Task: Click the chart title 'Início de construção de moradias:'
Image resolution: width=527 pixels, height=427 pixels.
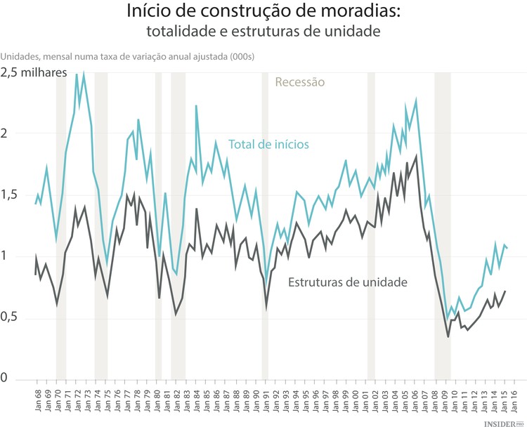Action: [263, 12]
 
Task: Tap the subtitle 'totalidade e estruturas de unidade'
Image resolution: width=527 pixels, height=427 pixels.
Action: [263, 32]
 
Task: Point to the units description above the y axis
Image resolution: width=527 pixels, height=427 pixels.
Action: [127, 56]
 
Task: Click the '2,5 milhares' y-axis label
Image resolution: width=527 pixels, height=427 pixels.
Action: [34, 72]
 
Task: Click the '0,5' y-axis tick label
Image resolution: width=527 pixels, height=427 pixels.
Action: [10, 317]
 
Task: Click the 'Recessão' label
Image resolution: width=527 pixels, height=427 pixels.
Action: [300, 82]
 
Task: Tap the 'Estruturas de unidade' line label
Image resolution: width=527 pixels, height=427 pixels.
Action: [347, 282]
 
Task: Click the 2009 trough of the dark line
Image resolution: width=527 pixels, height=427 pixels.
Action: [448, 337]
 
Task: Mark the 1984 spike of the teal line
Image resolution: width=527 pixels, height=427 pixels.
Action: [196, 106]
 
